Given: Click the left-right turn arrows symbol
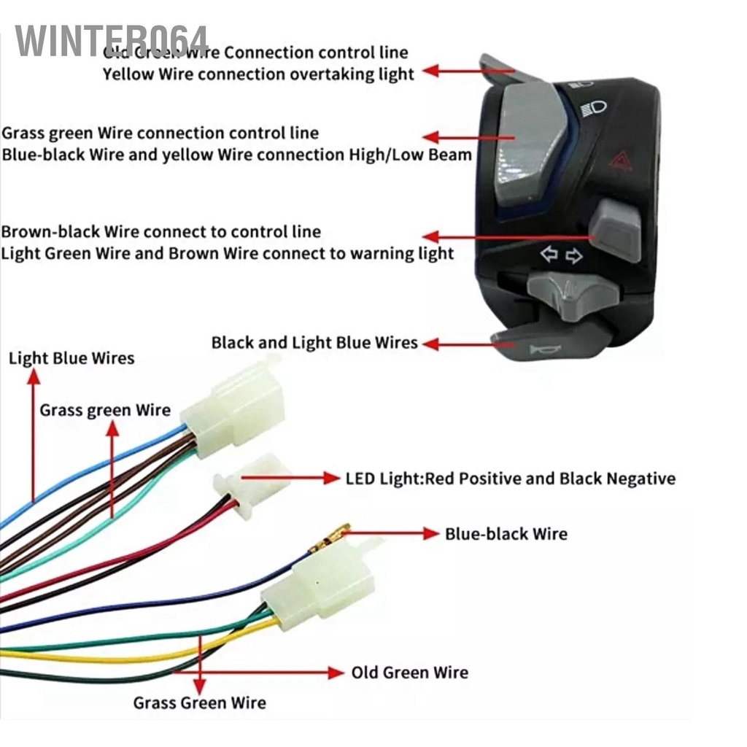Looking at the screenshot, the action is pos(561,255).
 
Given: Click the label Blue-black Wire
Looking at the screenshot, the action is pos(506,534).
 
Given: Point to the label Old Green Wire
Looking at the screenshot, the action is pos(409,672).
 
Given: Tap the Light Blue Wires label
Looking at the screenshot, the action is pos(71,358).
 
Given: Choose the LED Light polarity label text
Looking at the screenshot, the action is pos(510,479).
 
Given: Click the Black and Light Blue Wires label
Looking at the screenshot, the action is pos(314,342).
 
